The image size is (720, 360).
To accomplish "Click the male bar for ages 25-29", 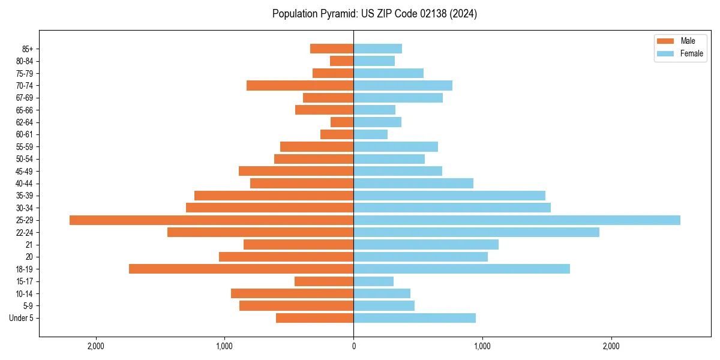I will pyautogui.click(x=211, y=220).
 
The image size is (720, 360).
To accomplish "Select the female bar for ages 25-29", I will pyautogui.click(x=517, y=220).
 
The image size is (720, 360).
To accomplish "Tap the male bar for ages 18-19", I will pyautogui.click(x=241, y=269).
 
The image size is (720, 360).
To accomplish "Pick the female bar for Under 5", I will pyautogui.click(x=415, y=318).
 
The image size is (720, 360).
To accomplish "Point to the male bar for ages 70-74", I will pyautogui.click(x=300, y=86).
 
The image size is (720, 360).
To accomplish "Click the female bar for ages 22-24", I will pyautogui.click(x=476, y=232).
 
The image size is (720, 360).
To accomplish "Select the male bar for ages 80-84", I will pyautogui.click(x=342, y=61).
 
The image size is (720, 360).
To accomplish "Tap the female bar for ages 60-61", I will pyautogui.click(x=371, y=134).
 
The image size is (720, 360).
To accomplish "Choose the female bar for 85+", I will pyautogui.click(x=378, y=49).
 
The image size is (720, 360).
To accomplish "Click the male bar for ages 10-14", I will pyautogui.click(x=292, y=293).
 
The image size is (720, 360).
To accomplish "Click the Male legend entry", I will pyautogui.click(x=680, y=41).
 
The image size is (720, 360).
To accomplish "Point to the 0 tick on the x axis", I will pyautogui.click(x=353, y=346).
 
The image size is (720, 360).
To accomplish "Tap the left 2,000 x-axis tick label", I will pyautogui.click(x=96, y=346).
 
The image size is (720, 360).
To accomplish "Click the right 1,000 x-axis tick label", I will pyautogui.click(x=482, y=346).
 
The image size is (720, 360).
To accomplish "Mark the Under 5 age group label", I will pyautogui.click(x=21, y=318).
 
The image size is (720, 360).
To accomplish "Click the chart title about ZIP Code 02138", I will pyautogui.click(x=374, y=14).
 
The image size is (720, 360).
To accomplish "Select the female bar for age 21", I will pyautogui.click(x=426, y=245).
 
